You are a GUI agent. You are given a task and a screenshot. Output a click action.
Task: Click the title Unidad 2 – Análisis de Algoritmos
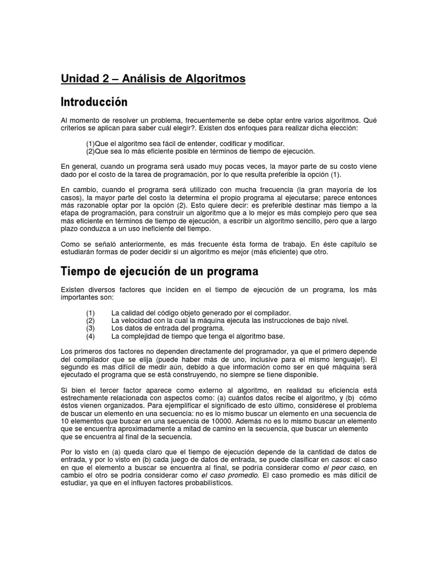153,79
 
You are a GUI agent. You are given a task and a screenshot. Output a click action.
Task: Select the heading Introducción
94,102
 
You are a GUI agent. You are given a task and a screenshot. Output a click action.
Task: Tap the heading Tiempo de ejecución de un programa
159,272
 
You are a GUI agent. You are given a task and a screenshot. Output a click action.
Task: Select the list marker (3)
90,328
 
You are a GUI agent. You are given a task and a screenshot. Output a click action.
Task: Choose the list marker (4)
90,335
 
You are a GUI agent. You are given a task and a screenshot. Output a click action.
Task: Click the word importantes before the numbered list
80,298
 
